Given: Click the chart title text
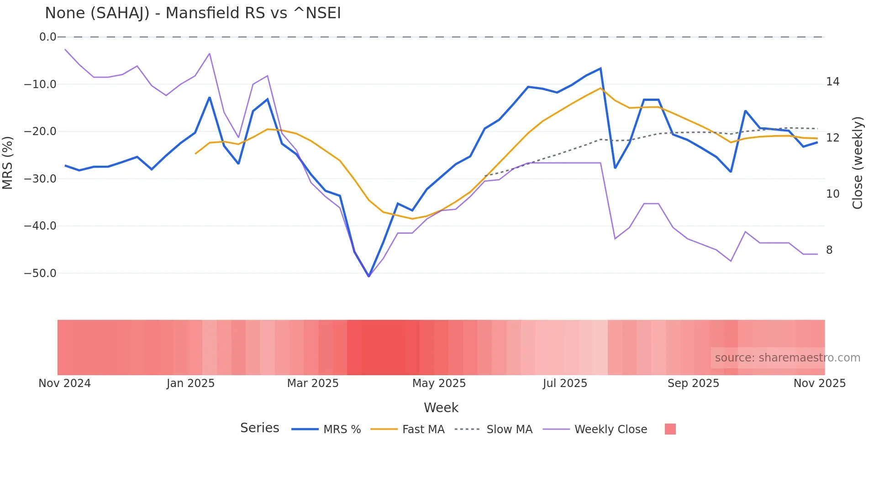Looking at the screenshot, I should tap(193, 13).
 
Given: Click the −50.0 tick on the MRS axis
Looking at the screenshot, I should tap(40, 273).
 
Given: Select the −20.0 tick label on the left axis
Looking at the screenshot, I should tap(40, 131).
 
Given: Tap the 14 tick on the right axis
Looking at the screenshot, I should tap(832, 82).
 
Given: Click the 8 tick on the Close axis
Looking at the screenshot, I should tap(829, 250).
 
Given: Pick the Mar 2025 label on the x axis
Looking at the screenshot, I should tap(313, 383).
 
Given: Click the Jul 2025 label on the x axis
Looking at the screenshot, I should tap(565, 383).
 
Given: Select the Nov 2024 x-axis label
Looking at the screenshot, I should tap(64, 383).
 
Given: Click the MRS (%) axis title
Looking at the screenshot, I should tap(8, 163).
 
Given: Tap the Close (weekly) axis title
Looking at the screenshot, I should tap(858, 163).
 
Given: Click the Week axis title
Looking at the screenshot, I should tap(441, 408).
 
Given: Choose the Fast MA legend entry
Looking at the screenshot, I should tap(423, 430).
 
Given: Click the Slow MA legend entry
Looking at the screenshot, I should tap(509, 430).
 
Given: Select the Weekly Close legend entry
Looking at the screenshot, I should tap(611, 430).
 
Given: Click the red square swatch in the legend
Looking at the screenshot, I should tap(670, 429).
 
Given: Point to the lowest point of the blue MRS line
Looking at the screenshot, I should tap(369, 276).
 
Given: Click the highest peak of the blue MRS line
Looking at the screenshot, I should tap(600, 68).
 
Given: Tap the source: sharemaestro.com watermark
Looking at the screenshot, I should tap(787, 358).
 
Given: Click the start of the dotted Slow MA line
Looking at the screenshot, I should tap(485, 176).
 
